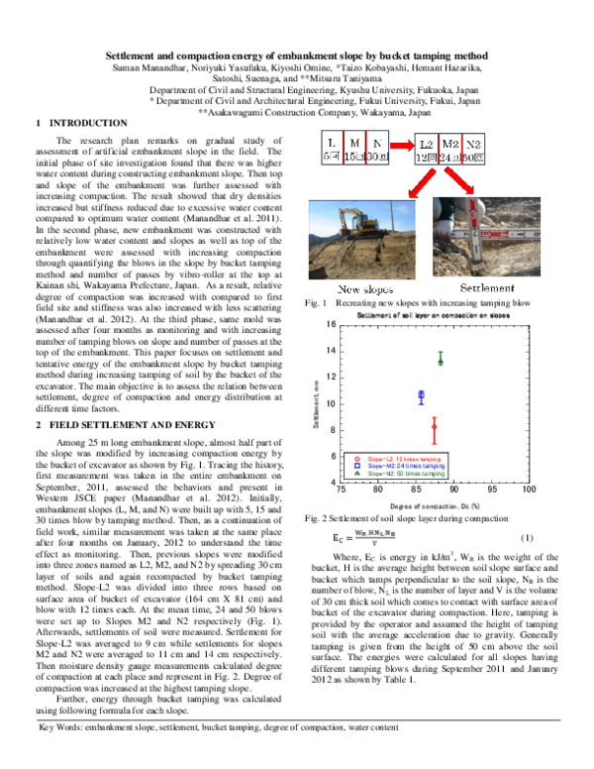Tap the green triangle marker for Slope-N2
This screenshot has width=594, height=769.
coord(441,360)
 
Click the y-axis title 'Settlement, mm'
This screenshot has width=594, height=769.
coord(316,404)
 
